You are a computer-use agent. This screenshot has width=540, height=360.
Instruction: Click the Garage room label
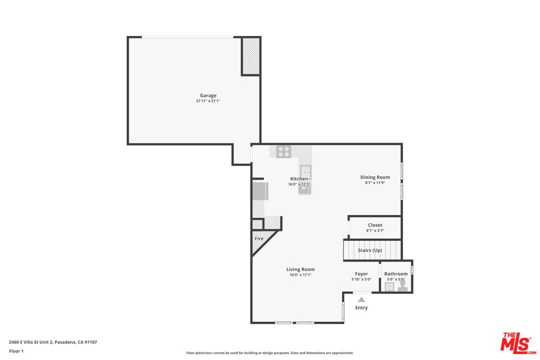pos(208,95)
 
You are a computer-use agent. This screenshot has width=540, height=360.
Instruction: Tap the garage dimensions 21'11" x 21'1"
pos(208,101)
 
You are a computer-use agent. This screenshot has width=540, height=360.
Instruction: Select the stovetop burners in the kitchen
pos(284,151)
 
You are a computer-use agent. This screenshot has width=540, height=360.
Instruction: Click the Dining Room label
pos(375,177)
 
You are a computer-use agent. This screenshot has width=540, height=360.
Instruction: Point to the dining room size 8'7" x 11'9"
pos(375,182)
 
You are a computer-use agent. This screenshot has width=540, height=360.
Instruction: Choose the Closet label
pos(375,225)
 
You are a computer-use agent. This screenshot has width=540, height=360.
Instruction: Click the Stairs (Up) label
pos(370,250)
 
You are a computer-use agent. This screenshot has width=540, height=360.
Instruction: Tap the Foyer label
pos(361,274)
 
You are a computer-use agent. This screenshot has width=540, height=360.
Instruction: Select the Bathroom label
pos(395,274)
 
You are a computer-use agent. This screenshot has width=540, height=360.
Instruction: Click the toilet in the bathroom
pos(402,286)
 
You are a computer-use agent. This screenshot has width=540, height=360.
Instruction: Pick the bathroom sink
pos(389,287)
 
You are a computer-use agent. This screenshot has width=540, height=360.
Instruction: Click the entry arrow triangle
pos(361,299)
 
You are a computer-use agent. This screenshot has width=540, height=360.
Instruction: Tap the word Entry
pos(361,307)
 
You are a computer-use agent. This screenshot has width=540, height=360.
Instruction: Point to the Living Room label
pos(300,269)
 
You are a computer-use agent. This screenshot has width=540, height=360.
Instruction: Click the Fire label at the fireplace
pos(259,238)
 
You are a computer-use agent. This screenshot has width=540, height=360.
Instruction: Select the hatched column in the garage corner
pos(250,56)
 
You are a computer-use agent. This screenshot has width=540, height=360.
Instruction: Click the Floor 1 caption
pos(16,351)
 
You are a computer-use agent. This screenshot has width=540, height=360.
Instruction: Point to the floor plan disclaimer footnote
pos(269,353)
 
